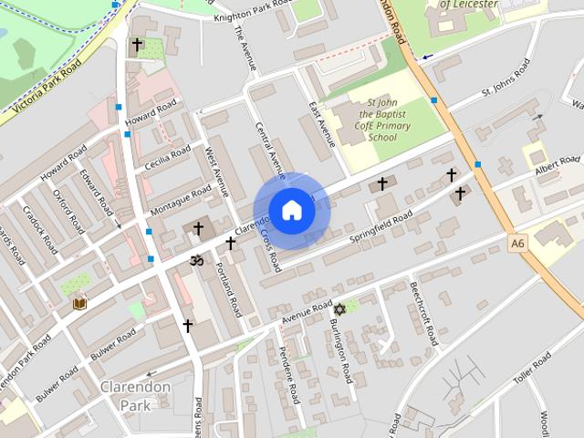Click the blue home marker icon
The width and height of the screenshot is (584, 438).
click(x=290, y=210)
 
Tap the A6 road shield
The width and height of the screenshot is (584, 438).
click(x=518, y=244)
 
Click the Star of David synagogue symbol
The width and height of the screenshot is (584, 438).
click(x=339, y=310)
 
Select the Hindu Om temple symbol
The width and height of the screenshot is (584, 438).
click(x=193, y=261)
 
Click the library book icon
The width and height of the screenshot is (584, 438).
click(x=79, y=303)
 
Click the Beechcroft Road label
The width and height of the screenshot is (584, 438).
click(x=424, y=313)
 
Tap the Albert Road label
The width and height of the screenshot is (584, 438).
click(x=558, y=165)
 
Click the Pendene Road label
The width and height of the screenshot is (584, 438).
click(x=290, y=376)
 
